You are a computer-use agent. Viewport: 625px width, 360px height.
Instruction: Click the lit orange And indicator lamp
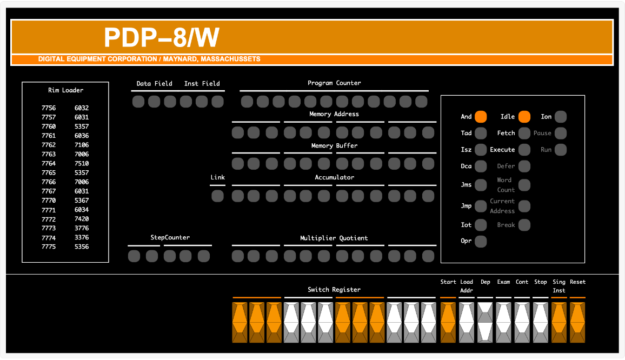coord(481,117)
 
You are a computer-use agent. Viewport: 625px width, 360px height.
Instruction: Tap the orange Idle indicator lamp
coord(524,117)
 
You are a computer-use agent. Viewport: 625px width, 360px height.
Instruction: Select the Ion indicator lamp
coord(561,117)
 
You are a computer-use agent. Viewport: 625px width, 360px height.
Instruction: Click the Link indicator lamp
coord(217,196)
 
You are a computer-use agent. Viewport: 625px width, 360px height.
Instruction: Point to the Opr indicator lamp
coord(481,242)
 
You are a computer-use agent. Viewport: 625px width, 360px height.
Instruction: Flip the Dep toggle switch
coord(485,322)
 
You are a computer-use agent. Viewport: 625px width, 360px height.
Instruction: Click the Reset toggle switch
coord(577,322)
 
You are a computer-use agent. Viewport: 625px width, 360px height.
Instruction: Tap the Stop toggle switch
coord(541,322)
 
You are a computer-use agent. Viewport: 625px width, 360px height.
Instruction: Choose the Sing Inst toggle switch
coord(559,322)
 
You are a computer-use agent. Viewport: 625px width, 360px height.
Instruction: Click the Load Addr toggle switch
coord(467,322)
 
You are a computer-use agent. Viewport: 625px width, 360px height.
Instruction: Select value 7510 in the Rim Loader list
coord(82,163)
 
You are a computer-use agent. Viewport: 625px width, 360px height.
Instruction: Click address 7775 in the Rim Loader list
coord(49,247)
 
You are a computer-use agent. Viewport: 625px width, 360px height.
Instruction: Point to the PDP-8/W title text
coord(161,38)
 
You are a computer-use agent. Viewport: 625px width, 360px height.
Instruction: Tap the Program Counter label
coord(334,83)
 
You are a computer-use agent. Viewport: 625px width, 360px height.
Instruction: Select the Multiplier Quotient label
coord(334,238)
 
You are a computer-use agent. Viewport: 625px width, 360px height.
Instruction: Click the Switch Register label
coord(334,290)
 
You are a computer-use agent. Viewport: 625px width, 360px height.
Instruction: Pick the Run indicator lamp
coord(561,150)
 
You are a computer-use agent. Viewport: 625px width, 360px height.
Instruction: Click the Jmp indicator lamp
coord(481,206)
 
